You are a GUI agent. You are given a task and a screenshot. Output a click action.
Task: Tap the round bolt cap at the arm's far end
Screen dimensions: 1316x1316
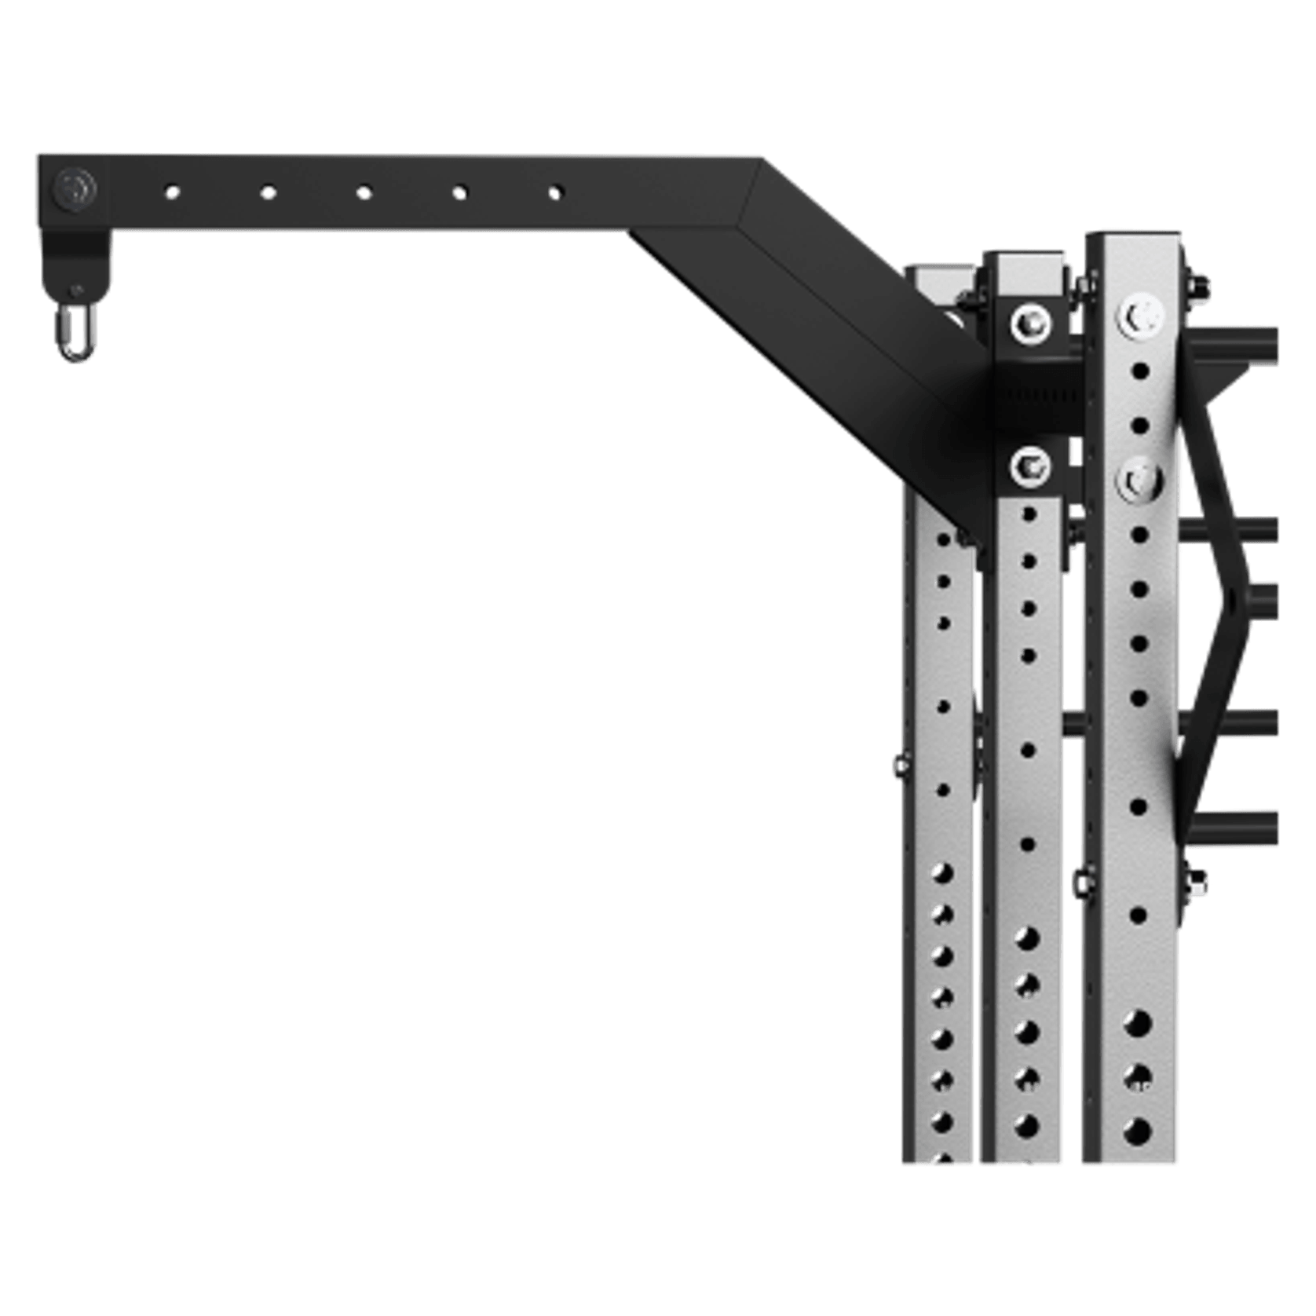pyautogui.click(x=76, y=189)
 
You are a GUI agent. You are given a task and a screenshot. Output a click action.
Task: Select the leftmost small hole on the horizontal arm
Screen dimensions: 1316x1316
pyautogui.click(x=172, y=190)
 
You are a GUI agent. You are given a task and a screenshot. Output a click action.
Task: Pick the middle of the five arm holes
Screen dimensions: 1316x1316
pyautogui.click(x=364, y=190)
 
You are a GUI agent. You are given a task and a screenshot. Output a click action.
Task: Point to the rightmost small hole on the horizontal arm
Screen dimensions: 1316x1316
pyautogui.click(x=557, y=191)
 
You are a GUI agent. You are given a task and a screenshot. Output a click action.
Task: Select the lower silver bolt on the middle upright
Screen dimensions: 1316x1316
pyautogui.click(x=1029, y=468)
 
